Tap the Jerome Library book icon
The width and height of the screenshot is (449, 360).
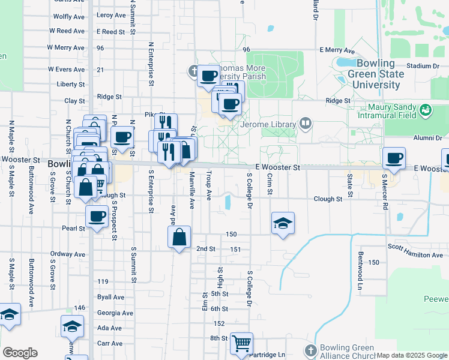[306, 124]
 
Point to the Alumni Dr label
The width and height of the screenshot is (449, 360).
[427, 137]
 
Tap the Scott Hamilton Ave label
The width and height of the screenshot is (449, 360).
[415, 251]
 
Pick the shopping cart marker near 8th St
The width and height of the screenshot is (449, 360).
[241, 344]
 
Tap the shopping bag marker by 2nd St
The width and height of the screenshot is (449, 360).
[179, 238]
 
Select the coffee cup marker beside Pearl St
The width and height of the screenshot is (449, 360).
[96, 217]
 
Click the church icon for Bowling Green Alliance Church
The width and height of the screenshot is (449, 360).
[310, 350]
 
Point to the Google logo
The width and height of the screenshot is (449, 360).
[20, 353]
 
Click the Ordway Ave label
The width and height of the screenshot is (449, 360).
[67, 254]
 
